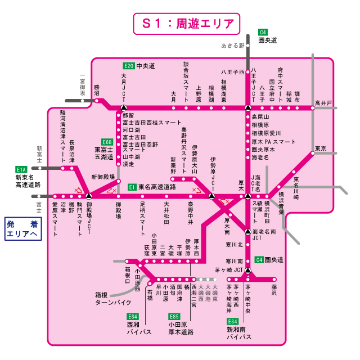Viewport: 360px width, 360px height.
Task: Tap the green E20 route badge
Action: coord(129,66)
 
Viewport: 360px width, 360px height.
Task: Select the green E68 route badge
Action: coord(107,142)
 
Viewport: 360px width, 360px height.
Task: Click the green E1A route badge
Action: coord(22,169)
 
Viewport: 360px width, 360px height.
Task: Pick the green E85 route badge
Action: coord(174,317)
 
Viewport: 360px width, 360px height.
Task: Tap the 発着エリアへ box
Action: coord(23,230)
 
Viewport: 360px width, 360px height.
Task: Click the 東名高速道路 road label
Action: coord(157,187)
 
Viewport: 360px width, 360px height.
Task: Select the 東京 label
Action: coord(321,148)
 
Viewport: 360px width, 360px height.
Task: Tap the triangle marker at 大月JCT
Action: coord(124,107)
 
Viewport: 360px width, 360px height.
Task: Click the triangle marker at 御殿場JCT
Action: coord(89,196)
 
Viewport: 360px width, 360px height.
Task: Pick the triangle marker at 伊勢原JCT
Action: coord(211,196)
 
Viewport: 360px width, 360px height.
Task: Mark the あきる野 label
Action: coord(233,44)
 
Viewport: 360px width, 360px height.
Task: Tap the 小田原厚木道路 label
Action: coord(181,328)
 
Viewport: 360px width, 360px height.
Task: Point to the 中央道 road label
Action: coord(146,66)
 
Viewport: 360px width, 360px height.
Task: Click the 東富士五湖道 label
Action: coord(105,154)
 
